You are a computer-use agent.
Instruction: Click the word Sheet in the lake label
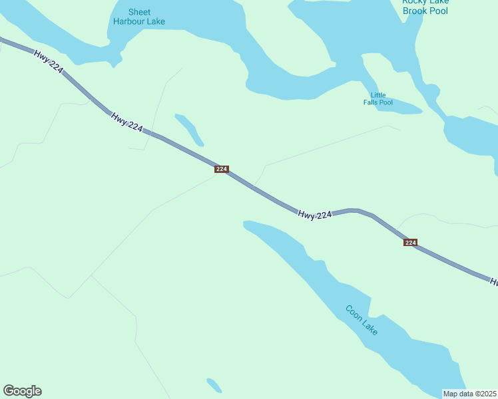pos(139,12)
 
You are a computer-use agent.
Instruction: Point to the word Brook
pos(416,11)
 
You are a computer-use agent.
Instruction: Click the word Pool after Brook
pos(439,11)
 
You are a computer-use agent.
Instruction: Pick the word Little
pos(378,95)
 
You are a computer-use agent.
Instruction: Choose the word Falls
pos(372,102)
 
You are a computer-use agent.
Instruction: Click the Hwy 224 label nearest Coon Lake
pos(314,215)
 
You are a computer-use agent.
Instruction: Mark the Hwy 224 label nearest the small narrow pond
pos(127,122)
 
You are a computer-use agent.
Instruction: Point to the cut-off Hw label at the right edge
pos(494,282)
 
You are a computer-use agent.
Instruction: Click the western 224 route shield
pos(222,170)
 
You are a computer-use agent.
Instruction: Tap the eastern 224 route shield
pos(410,243)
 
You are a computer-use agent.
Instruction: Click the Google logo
pos(22,391)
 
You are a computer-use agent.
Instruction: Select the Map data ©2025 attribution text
pos(470,393)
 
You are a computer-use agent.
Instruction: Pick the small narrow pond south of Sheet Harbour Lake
pos(190,130)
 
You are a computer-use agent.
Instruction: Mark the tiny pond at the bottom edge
pos(214,385)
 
